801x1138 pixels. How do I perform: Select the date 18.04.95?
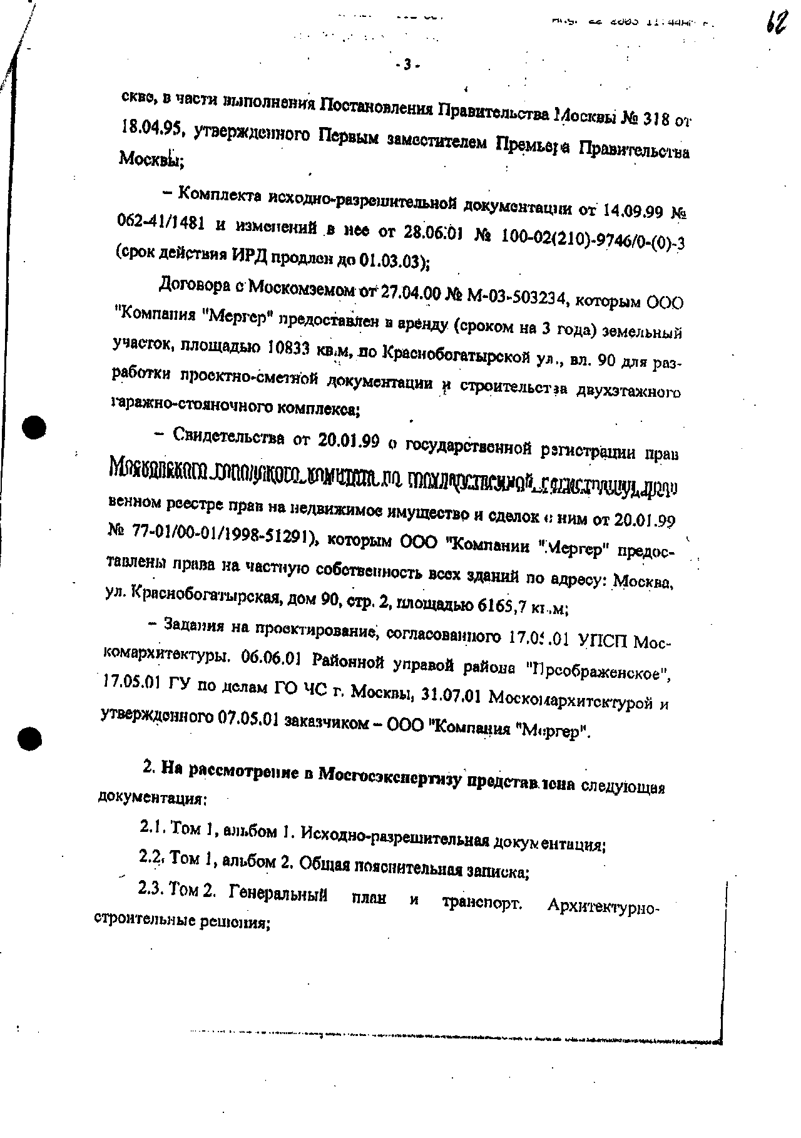tap(150, 130)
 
